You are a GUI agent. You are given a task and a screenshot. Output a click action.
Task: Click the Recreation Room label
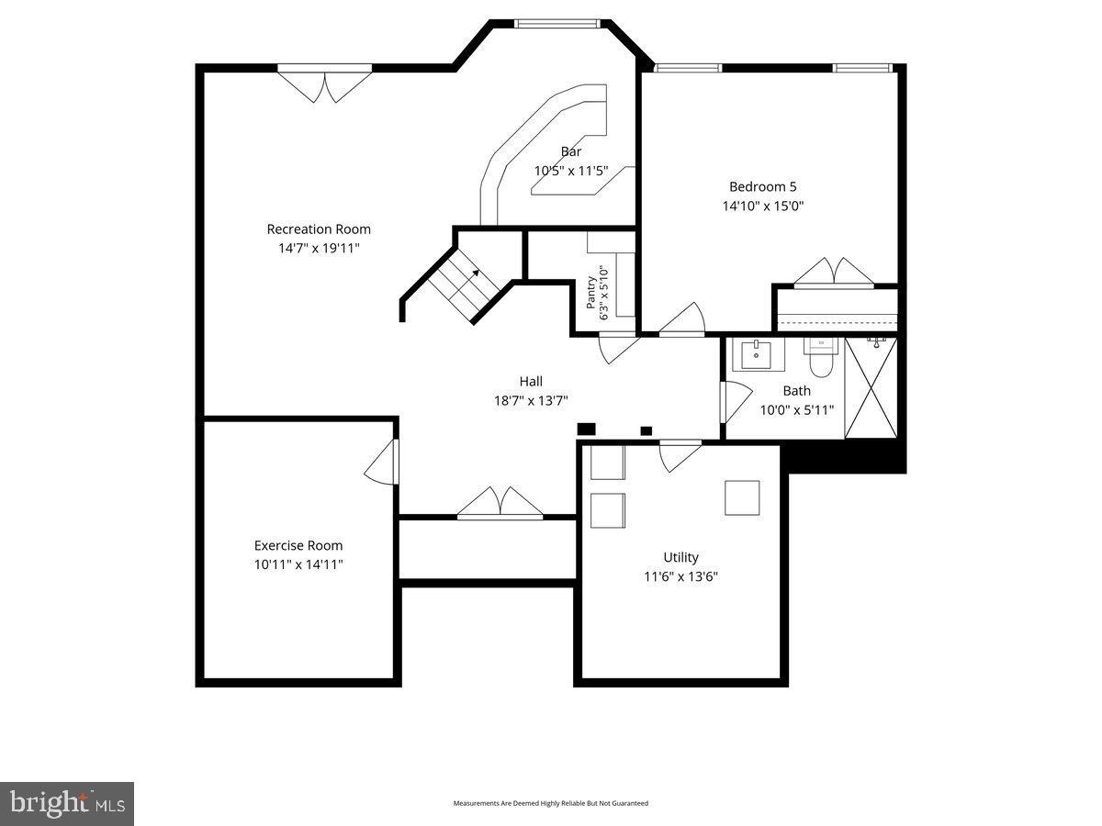[319, 229]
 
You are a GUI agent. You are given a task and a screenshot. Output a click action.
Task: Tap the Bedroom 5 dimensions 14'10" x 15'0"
[762, 206]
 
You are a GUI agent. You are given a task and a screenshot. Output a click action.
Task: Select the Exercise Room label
[298, 545]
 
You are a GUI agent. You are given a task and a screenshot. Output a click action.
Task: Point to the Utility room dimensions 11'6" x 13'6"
[680, 577]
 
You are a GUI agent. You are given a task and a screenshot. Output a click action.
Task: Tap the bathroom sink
[757, 354]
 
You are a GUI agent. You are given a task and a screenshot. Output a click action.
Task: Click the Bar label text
[571, 151]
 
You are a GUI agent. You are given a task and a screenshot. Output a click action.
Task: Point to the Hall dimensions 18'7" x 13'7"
[531, 400]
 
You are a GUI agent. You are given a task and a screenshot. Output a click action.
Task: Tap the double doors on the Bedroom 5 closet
[833, 273]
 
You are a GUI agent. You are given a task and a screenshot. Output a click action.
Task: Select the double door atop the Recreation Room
[324, 84]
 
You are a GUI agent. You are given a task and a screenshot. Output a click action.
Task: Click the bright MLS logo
[67, 804]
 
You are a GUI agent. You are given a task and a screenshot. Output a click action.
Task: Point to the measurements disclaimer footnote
[551, 803]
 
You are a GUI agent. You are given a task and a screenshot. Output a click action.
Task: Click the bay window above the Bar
[558, 23]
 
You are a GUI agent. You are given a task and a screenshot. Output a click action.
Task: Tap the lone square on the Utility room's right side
[742, 497]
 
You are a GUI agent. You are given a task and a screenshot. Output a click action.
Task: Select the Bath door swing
[734, 402]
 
